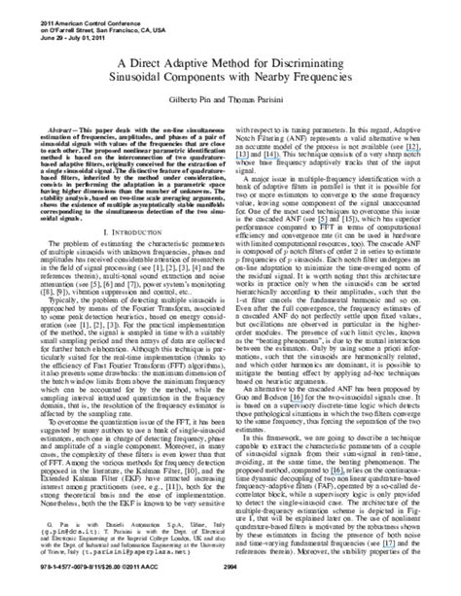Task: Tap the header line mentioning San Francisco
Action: coord(68,16)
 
